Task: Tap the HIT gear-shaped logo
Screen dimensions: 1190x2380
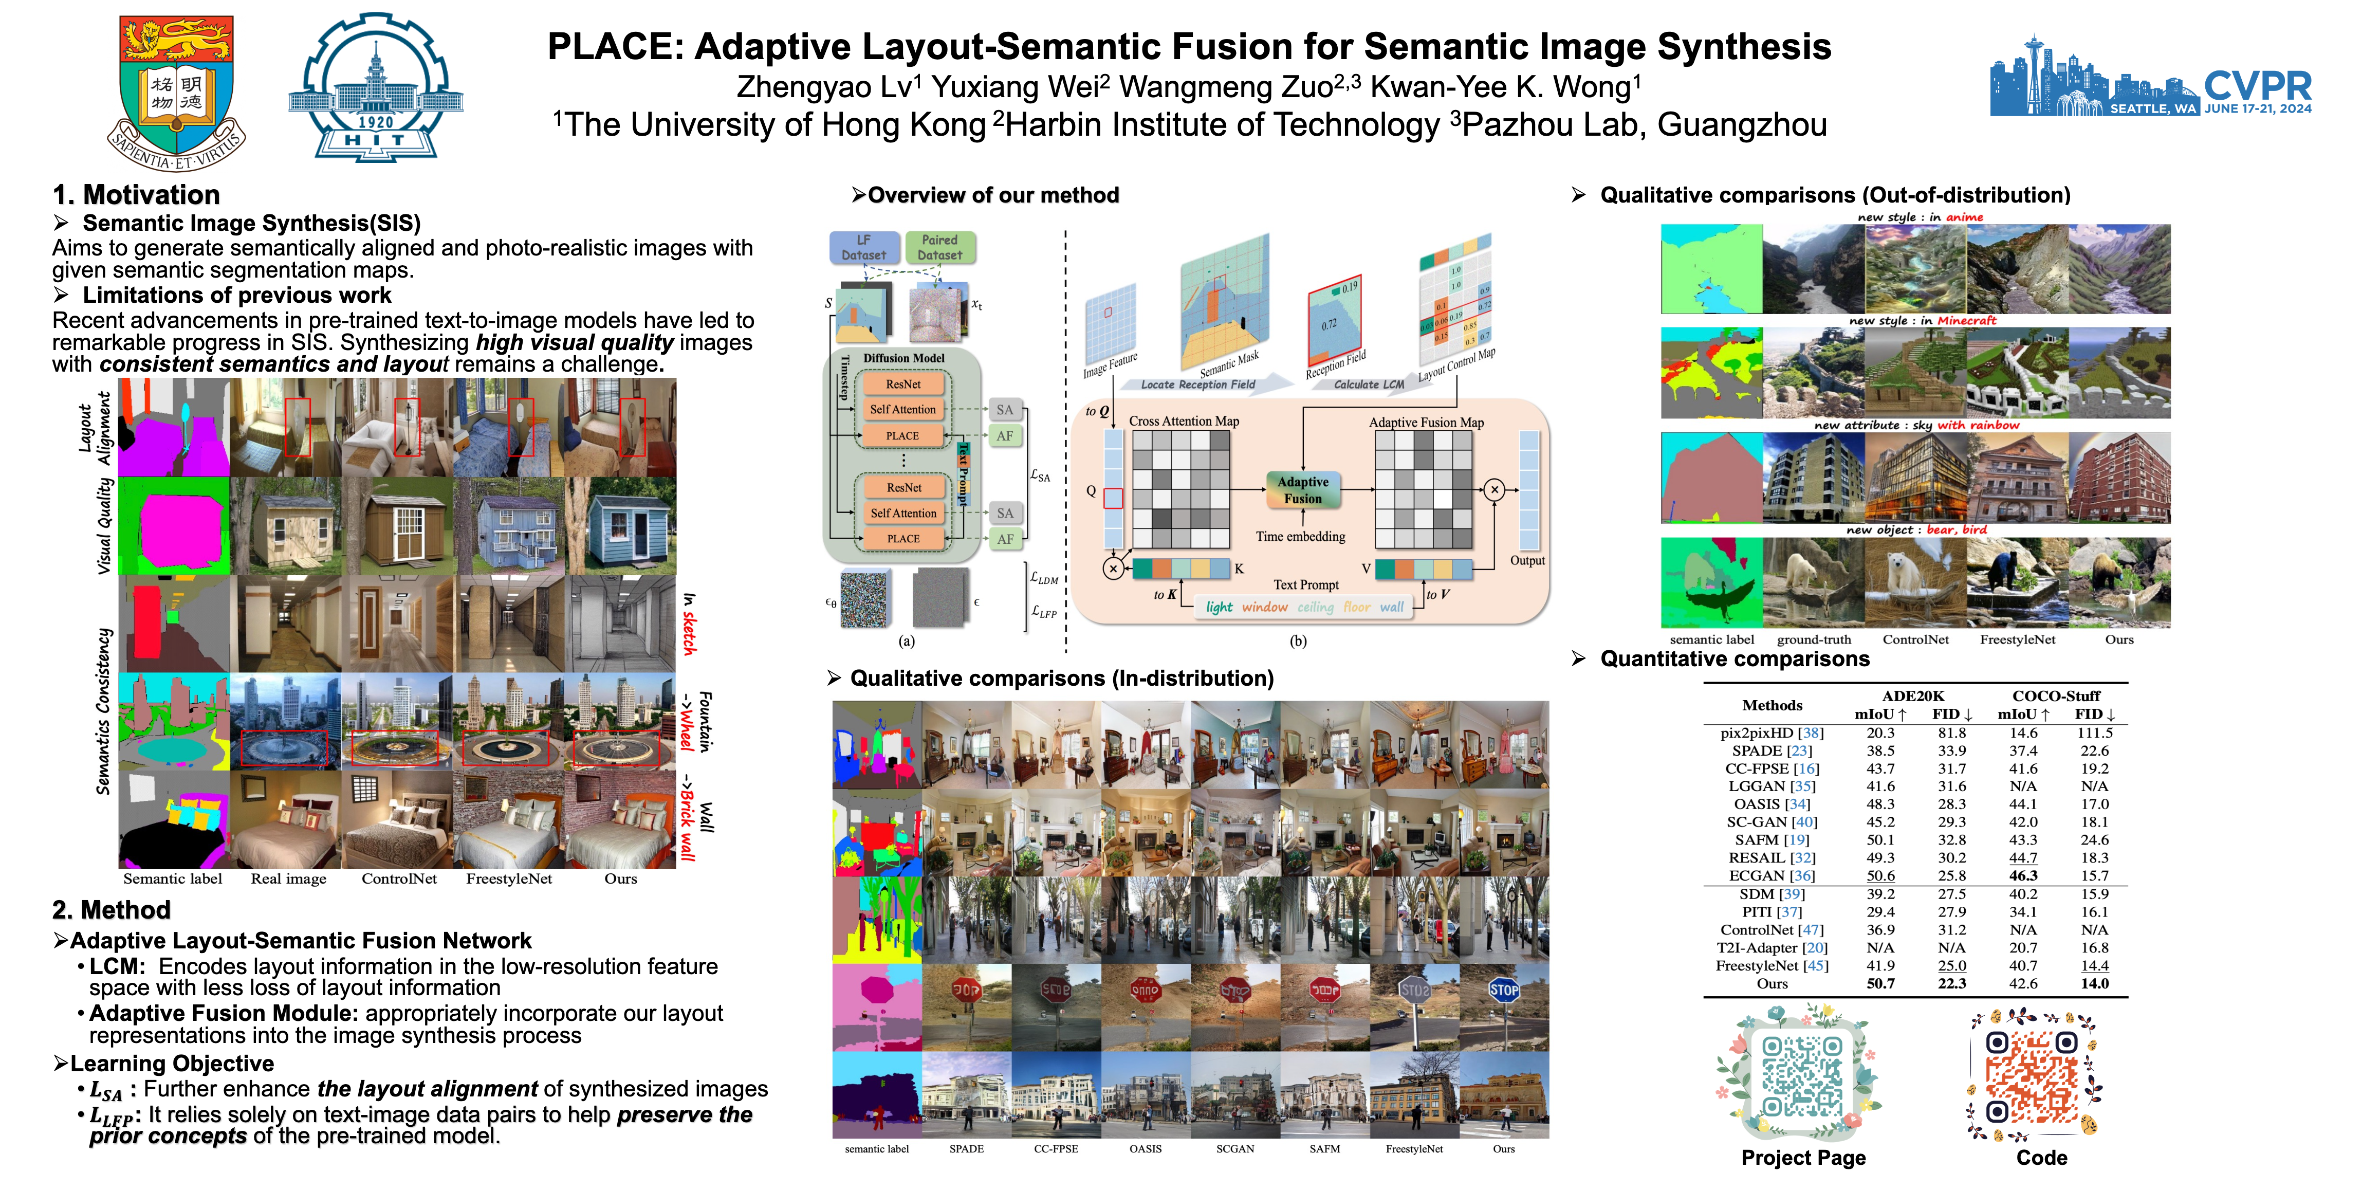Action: click(376, 88)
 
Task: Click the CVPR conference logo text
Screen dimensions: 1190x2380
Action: click(2257, 87)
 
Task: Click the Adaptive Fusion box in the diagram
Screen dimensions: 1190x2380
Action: click(1303, 490)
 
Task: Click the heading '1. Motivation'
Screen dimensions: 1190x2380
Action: click(137, 195)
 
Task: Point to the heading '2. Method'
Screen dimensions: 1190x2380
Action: click(112, 910)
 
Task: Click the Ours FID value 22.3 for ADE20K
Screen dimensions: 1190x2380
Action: click(1951, 983)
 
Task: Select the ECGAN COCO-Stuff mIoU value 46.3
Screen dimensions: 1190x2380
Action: click(2022, 875)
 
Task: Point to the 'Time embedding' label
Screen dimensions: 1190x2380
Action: click(1300, 536)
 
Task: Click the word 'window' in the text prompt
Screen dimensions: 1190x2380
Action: click(1264, 607)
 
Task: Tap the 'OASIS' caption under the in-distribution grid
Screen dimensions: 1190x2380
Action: click(1145, 1148)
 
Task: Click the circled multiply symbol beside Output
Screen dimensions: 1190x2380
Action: click(1494, 490)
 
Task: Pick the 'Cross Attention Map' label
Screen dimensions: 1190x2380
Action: click(1184, 422)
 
